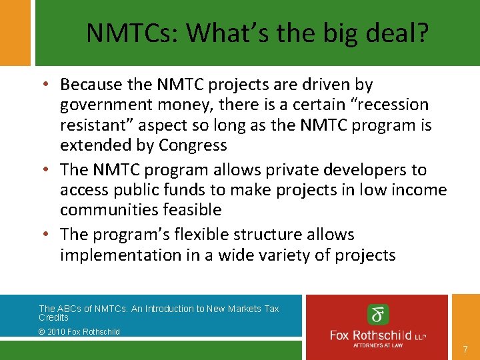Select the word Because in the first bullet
[90, 85]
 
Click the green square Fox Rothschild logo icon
[377, 315]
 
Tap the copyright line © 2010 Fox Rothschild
[79, 331]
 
